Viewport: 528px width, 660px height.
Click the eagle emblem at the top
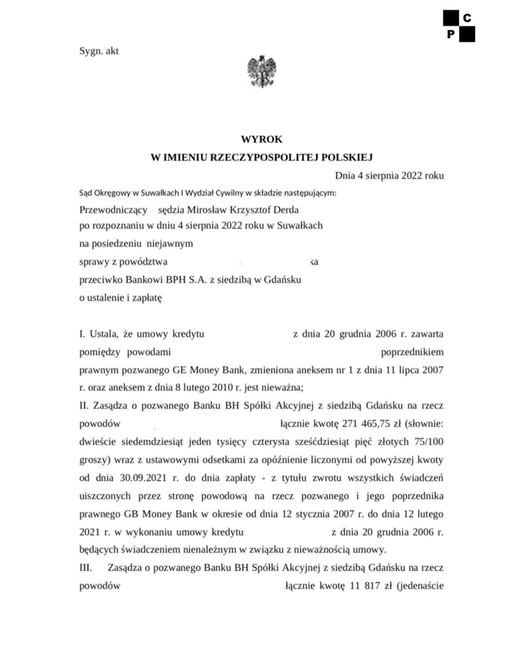[260, 71]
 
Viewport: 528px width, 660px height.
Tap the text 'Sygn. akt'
[99, 51]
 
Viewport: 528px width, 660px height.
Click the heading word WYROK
[261, 139]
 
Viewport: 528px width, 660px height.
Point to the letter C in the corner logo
[467, 18]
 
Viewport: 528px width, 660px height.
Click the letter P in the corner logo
[451, 34]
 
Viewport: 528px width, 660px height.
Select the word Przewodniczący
[113, 209]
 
